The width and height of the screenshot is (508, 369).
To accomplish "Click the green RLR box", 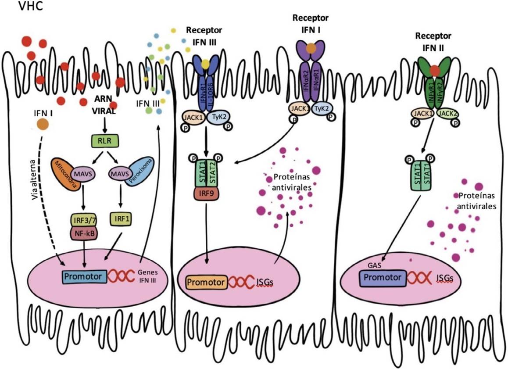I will (105, 141).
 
